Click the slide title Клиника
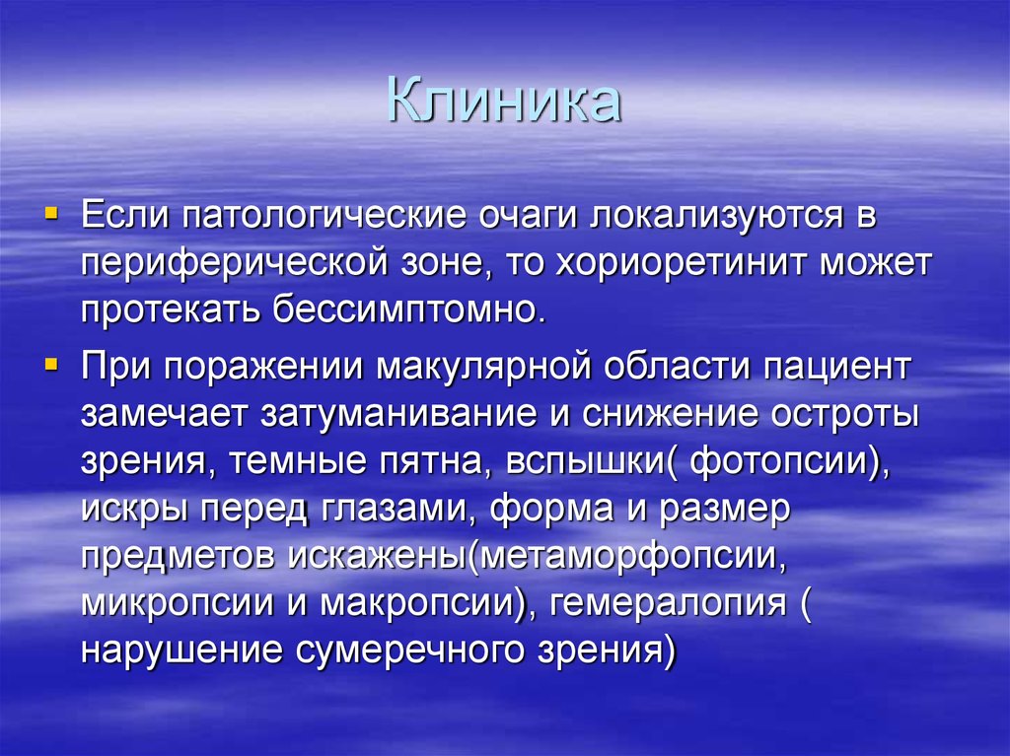pos(503,103)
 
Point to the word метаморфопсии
pos(623,557)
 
